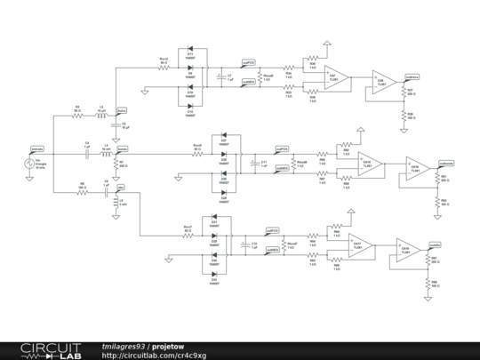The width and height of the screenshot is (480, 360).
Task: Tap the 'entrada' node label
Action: [37, 148]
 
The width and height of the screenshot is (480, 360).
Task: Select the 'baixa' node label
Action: [122, 109]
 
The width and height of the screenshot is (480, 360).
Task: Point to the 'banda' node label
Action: [123, 148]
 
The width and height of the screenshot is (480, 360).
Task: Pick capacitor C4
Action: [87, 152]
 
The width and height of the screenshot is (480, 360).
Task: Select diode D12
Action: [190, 108]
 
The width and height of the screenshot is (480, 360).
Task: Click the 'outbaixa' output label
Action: [412, 76]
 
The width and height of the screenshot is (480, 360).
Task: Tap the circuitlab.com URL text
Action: [154, 356]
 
